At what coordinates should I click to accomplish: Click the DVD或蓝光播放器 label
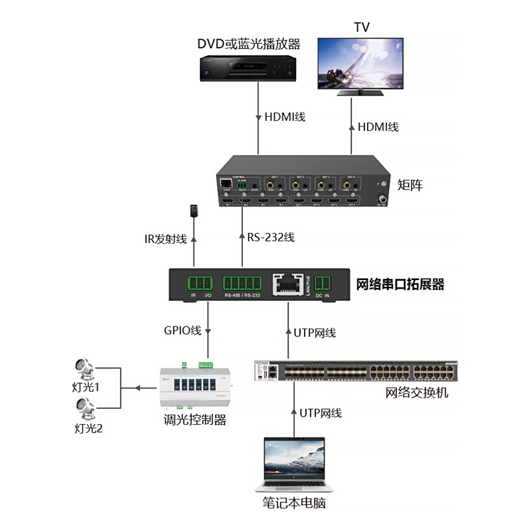[249, 44]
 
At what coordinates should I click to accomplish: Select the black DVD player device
[249, 68]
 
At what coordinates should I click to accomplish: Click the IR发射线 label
[166, 240]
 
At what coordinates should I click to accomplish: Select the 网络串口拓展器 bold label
[400, 285]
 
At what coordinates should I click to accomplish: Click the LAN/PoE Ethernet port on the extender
[288, 283]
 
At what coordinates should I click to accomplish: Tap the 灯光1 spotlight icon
[84, 367]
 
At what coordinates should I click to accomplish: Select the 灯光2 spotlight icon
[84, 406]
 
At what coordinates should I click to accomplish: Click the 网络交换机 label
[417, 392]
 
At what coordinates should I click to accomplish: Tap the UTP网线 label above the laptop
[320, 413]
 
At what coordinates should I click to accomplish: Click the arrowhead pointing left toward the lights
[137, 388]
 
